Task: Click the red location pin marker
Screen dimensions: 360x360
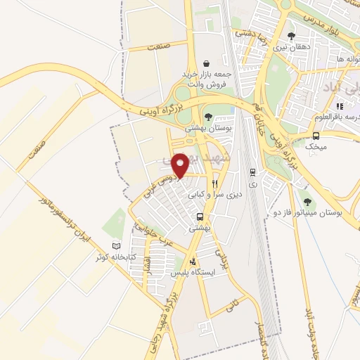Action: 181,165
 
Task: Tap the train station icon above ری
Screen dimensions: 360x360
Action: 252,172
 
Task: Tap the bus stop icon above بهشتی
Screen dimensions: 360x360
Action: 200,217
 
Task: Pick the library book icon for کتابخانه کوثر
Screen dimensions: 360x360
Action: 117,245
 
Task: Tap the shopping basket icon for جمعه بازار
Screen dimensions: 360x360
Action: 206,61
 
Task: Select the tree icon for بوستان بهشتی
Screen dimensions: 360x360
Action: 207,117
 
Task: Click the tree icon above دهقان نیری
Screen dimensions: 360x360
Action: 291,37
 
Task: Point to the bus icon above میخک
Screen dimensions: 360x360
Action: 316,136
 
